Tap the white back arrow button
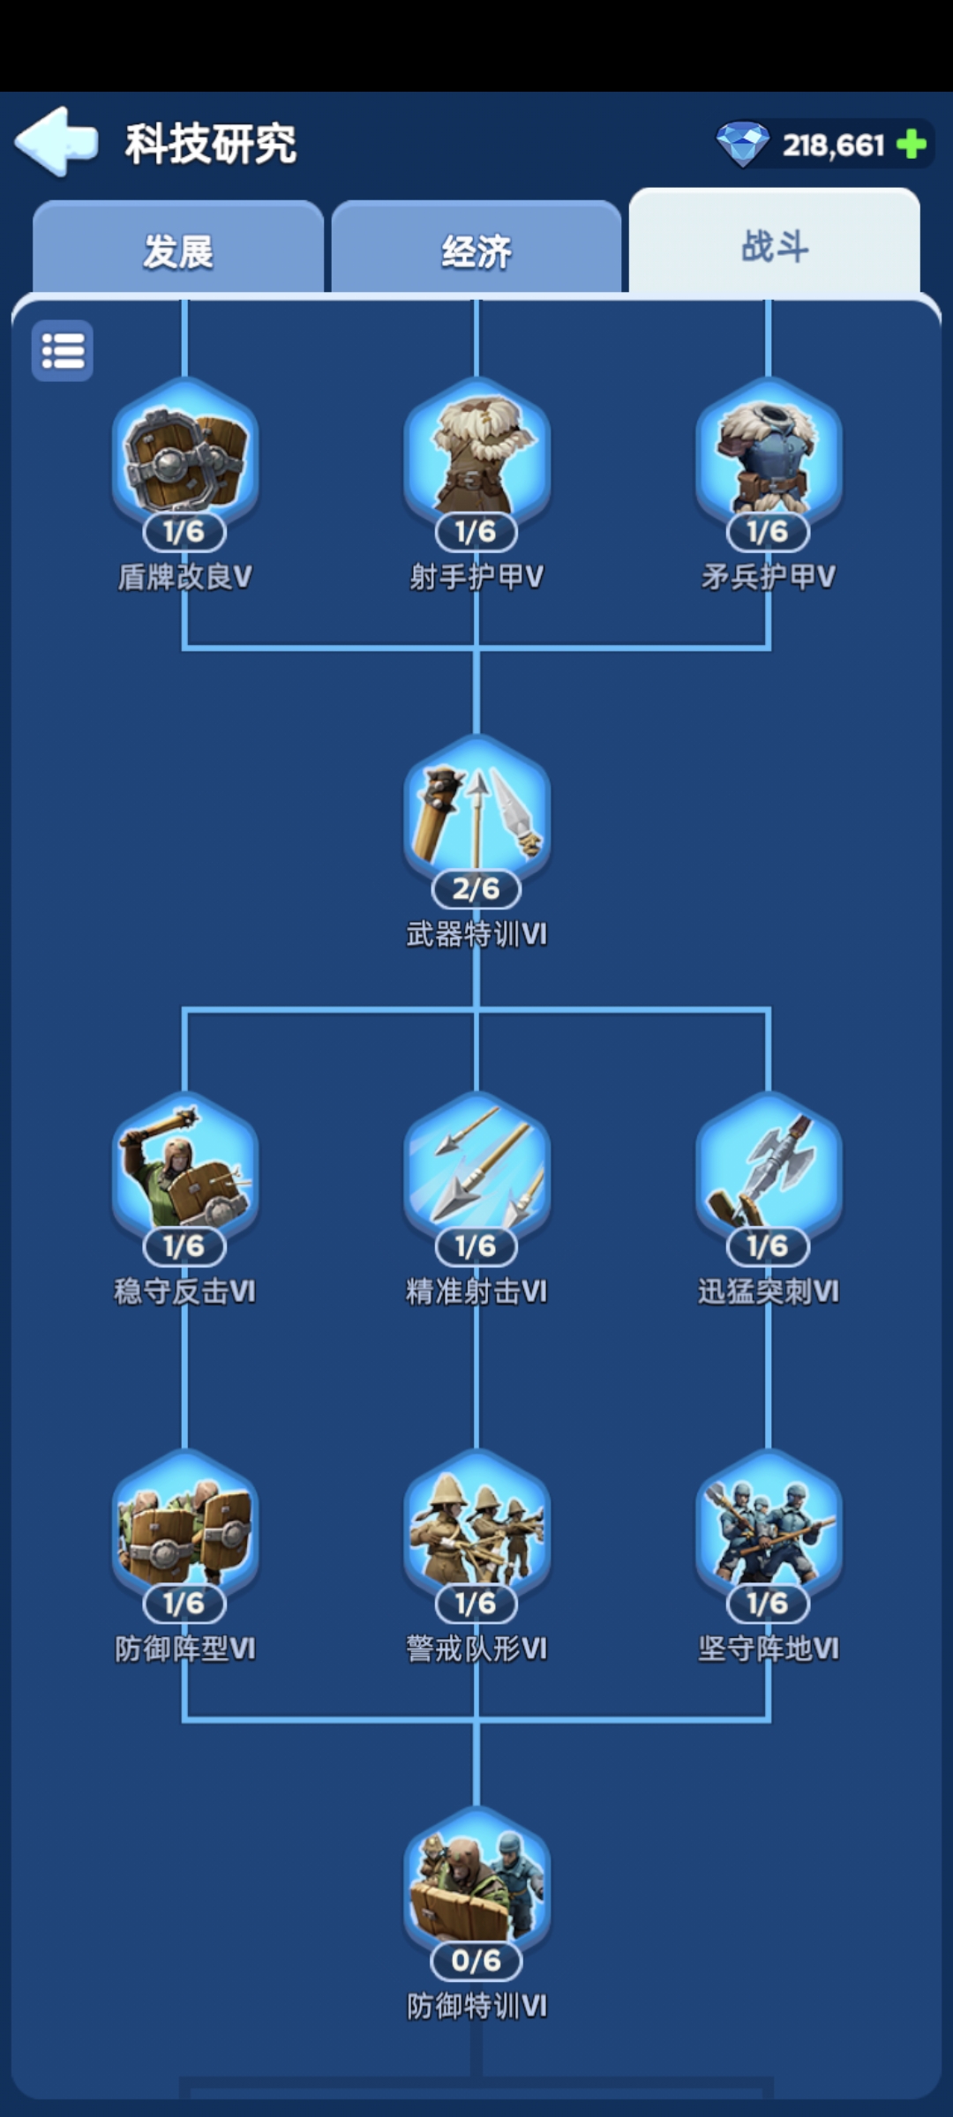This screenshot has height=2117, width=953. tap(56, 142)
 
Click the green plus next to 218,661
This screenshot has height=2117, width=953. tap(911, 144)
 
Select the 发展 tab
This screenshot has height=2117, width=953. tap(178, 251)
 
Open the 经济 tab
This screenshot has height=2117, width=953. tap(476, 251)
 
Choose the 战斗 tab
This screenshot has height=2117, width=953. tap(774, 246)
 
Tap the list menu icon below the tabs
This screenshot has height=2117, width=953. tap(63, 351)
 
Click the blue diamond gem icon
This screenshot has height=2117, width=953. tap(742, 144)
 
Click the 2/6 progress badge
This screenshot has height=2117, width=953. tap(476, 888)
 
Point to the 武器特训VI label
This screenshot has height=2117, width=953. tap(476, 934)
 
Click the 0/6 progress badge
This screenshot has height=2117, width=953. tap(476, 1960)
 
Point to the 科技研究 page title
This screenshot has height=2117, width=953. tap(211, 144)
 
